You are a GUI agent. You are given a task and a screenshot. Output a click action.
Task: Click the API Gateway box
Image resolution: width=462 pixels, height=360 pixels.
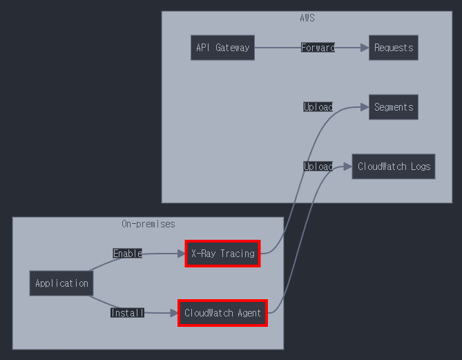click(x=222, y=48)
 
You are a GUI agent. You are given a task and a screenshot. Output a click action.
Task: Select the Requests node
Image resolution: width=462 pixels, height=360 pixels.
click(x=393, y=48)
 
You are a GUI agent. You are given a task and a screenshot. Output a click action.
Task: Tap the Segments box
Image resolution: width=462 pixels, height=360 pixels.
click(x=393, y=107)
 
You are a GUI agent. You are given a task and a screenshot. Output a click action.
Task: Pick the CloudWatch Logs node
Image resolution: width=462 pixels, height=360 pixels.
click(x=394, y=167)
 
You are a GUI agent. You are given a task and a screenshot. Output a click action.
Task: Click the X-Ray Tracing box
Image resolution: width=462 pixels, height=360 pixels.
click(x=222, y=254)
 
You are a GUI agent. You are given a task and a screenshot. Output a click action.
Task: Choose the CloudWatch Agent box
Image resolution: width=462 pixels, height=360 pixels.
click(x=222, y=313)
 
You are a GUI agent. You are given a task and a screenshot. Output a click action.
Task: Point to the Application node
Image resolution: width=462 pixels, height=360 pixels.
click(x=61, y=283)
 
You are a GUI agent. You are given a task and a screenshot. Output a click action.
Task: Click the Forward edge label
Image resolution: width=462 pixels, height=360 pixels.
click(x=318, y=48)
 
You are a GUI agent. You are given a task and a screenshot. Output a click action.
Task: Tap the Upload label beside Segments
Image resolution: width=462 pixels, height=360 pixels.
click(x=318, y=107)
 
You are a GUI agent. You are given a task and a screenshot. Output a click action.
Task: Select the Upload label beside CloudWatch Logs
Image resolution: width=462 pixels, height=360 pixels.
click(x=318, y=167)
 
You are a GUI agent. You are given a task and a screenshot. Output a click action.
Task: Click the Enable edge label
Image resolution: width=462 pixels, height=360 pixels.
click(x=128, y=254)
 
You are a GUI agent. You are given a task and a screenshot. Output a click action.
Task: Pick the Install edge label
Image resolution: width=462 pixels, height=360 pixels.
click(x=128, y=313)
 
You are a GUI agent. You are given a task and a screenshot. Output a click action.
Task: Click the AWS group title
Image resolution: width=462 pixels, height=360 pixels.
click(x=307, y=18)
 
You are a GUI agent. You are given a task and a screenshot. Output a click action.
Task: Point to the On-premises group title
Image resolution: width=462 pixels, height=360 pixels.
click(x=148, y=224)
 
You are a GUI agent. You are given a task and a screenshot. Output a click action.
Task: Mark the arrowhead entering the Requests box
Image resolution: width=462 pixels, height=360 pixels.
click(x=365, y=48)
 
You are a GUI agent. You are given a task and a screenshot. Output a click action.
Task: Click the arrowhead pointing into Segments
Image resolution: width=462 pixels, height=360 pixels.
click(x=365, y=107)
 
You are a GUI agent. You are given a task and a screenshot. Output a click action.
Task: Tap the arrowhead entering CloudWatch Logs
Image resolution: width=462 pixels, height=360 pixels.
click(x=348, y=167)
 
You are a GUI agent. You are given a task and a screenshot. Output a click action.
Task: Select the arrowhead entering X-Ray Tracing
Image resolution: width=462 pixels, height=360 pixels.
click(x=181, y=254)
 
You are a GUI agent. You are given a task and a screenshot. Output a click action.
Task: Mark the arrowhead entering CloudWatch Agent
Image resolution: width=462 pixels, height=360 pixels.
click(x=174, y=313)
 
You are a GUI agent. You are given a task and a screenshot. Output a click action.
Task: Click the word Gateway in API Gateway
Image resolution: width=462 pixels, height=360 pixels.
click(x=232, y=48)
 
